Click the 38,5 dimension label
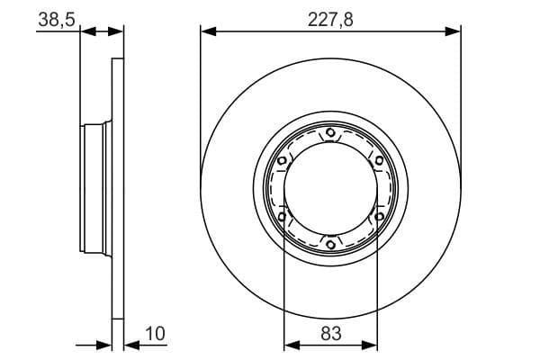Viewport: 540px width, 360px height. click(55, 17)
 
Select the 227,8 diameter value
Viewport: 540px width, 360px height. click(330, 17)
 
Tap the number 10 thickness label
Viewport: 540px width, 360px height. click(154, 334)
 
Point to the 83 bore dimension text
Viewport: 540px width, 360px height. click(330, 334)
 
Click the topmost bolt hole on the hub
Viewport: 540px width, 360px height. click(330, 134)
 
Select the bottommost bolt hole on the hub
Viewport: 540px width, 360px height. click(330, 244)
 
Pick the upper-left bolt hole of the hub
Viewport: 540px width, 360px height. click(283, 161)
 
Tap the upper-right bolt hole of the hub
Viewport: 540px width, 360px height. click(379, 161)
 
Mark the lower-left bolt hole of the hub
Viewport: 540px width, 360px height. click(283, 217)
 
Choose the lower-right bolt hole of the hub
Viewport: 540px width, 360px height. click(379, 217)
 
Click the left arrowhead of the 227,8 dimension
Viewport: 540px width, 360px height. click(208, 31)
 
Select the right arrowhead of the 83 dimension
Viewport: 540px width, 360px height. click(370, 345)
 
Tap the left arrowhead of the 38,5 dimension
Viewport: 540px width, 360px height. click(88, 31)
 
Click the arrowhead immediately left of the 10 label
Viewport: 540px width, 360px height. click(129, 345)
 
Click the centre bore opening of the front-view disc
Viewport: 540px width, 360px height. click(330, 189)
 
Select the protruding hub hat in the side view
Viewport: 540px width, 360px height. click(95, 189)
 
